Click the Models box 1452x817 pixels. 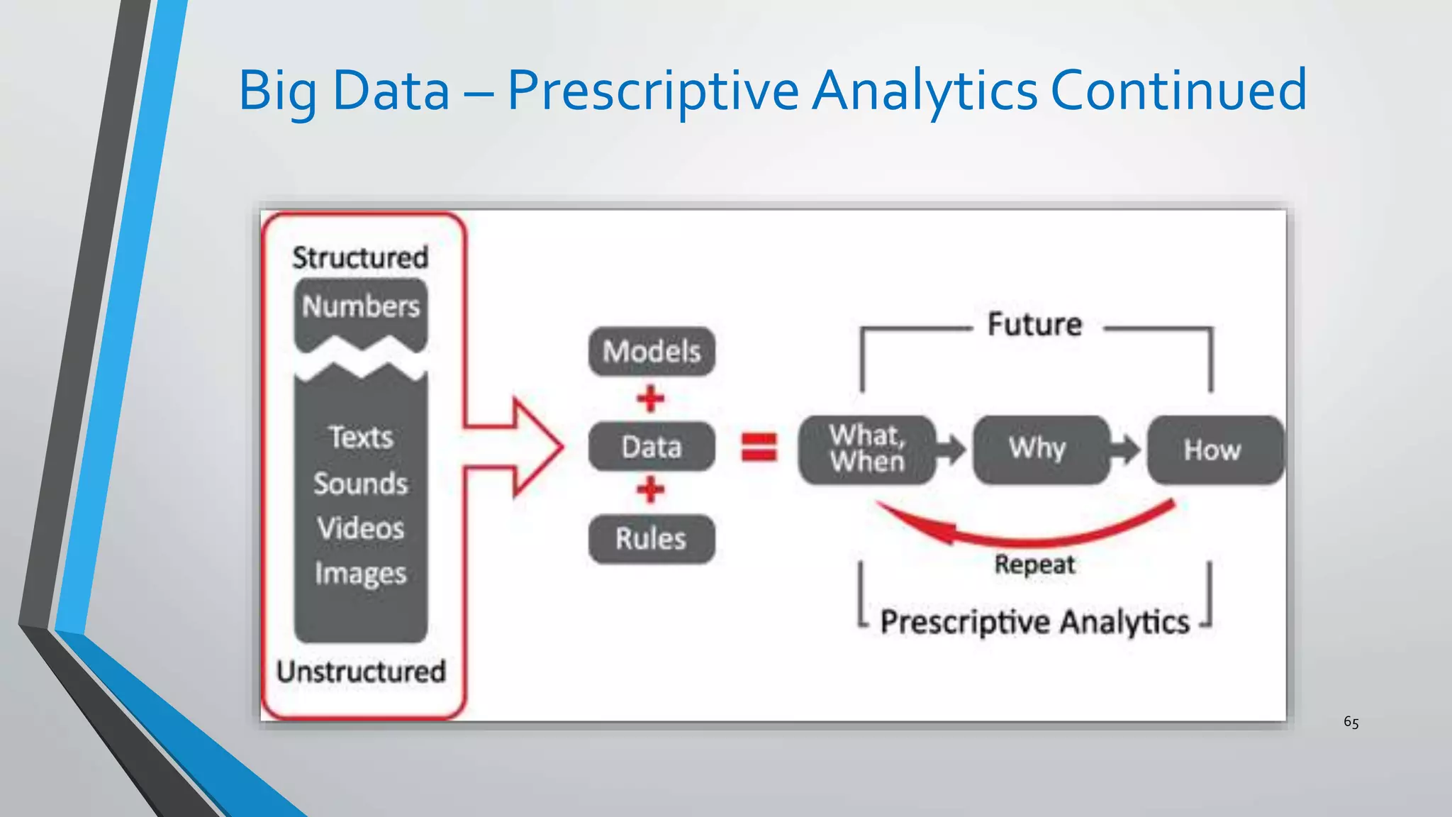(652, 351)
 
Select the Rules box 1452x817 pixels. (652, 539)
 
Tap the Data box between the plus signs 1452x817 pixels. (652, 447)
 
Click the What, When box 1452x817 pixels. (867, 450)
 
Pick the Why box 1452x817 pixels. (1039, 450)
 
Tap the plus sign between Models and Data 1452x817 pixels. (650, 399)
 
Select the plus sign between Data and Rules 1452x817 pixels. (650, 489)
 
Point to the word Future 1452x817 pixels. (1035, 325)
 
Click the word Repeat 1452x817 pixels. (1034, 565)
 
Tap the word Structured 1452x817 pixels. (360, 257)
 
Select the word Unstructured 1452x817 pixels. (361, 672)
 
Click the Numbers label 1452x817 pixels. (361, 306)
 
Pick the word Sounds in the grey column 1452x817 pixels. (361, 484)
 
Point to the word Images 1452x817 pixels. (361, 574)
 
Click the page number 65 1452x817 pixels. (1351, 723)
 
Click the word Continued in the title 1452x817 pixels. (1178, 91)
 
